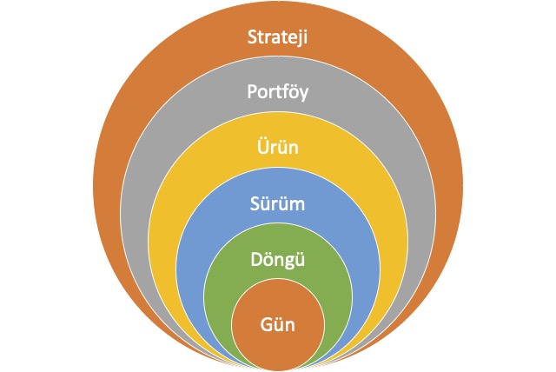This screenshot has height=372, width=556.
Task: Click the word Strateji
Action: tap(278, 38)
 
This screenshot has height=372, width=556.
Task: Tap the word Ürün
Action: tap(278, 148)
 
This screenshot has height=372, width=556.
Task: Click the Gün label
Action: tap(278, 325)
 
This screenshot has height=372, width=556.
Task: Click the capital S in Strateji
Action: tap(250, 38)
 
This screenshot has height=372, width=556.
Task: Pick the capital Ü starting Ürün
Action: tap(261, 147)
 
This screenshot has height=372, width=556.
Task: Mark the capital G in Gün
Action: tap(265, 325)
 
